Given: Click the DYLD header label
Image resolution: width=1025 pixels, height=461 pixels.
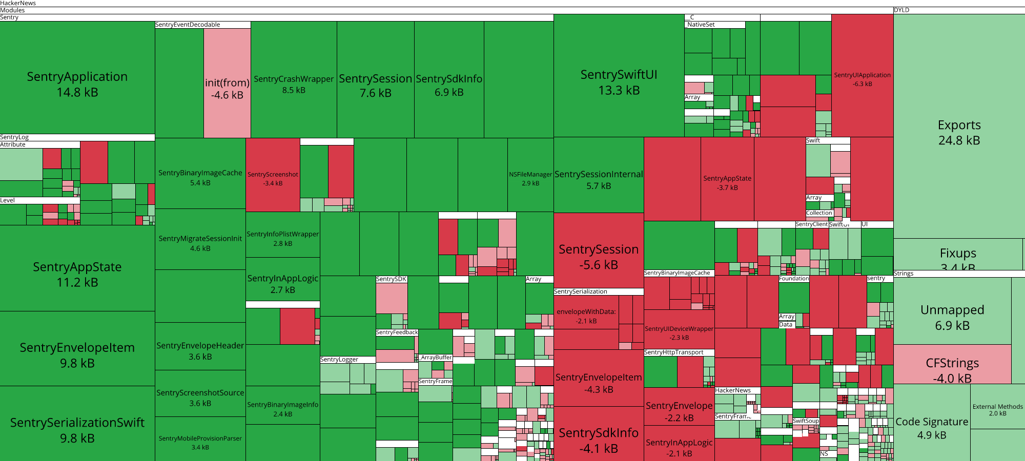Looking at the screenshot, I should [x=901, y=10].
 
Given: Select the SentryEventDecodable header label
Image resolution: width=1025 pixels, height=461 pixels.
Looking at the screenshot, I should [x=188, y=25].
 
